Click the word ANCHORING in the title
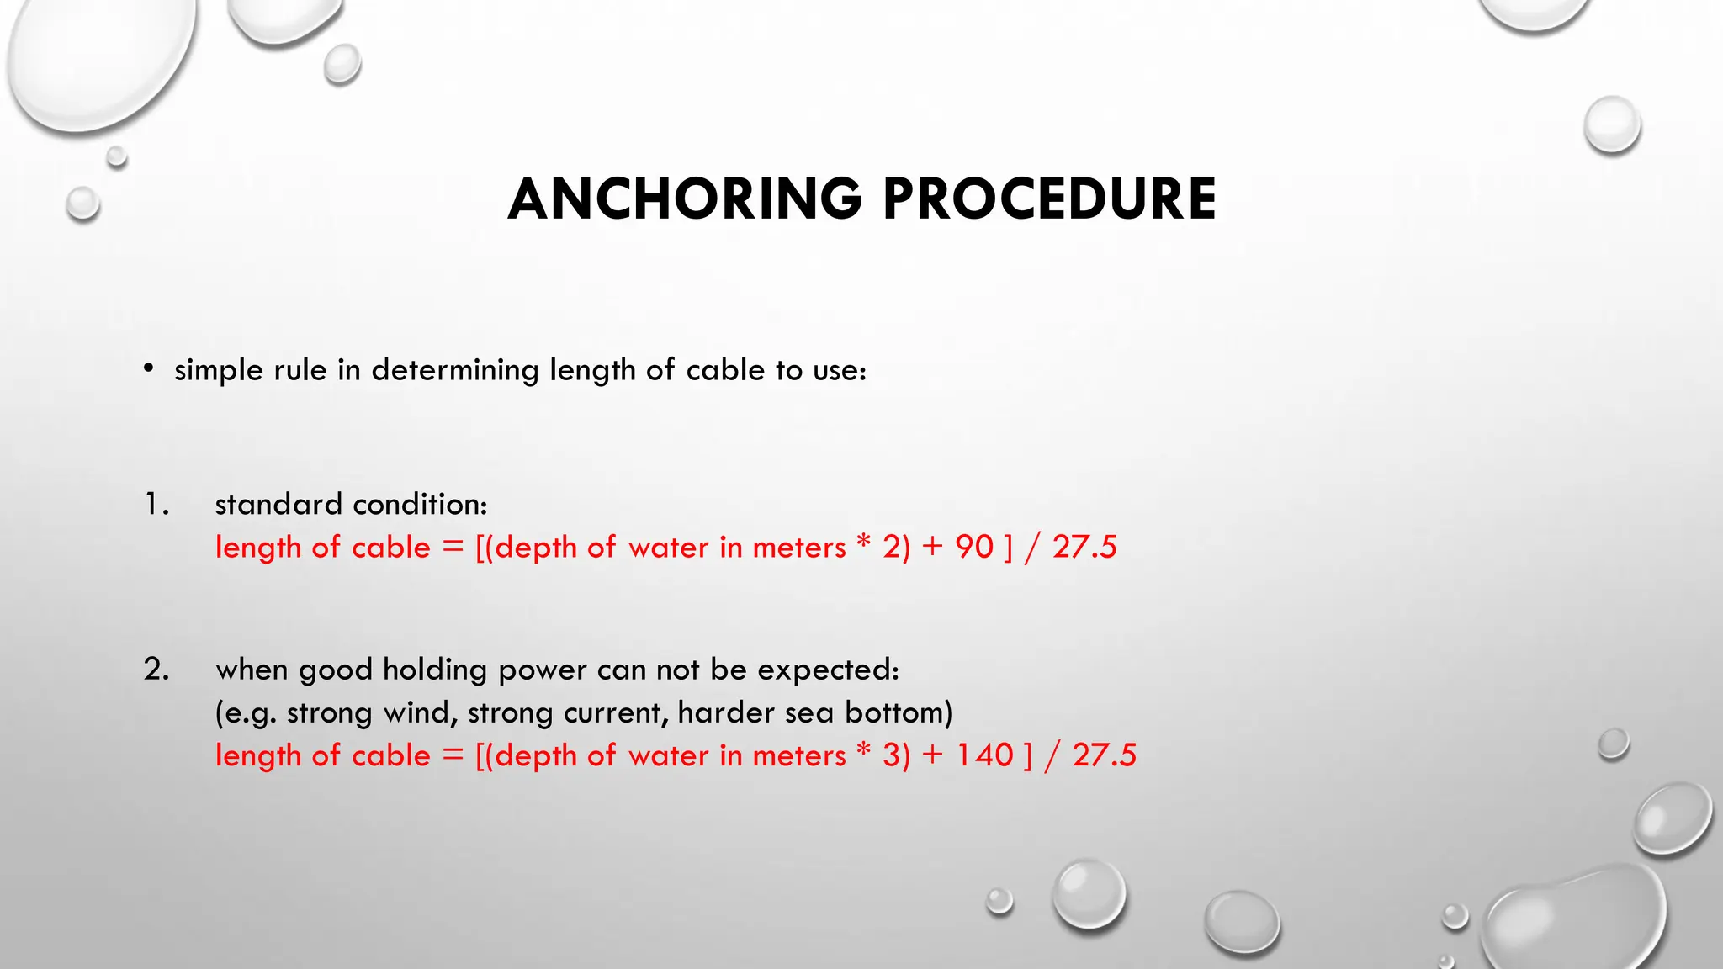point(685,199)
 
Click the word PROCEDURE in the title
point(1049,199)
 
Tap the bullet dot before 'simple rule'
point(149,368)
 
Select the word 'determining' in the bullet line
point(455,370)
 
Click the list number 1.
point(156,504)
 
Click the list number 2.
point(156,669)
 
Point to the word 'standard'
point(278,504)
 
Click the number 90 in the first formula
point(974,547)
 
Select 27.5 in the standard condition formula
point(1084,547)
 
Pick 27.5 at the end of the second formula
point(1104,755)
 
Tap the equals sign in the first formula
point(453,547)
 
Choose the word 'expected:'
point(828,670)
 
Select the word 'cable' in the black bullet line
point(725,370)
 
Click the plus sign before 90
point(932,547)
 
